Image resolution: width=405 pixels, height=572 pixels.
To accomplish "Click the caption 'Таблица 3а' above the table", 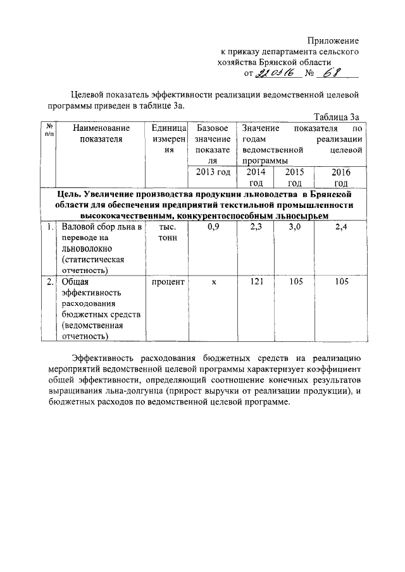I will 337,117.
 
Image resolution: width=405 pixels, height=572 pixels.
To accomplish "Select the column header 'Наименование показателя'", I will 101,134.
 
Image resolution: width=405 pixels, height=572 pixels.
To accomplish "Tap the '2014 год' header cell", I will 256,177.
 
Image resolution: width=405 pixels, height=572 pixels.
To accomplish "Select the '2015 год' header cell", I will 295,177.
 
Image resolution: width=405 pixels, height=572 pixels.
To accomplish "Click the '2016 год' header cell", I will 341,177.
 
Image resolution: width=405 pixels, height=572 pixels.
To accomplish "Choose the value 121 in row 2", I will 256,282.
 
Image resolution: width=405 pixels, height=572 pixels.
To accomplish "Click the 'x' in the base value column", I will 213,282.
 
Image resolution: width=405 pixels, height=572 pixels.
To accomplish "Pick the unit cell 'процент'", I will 168,282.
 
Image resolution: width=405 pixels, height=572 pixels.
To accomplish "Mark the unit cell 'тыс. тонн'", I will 168,232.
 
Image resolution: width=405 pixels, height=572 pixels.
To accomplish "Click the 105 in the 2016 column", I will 342,282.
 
